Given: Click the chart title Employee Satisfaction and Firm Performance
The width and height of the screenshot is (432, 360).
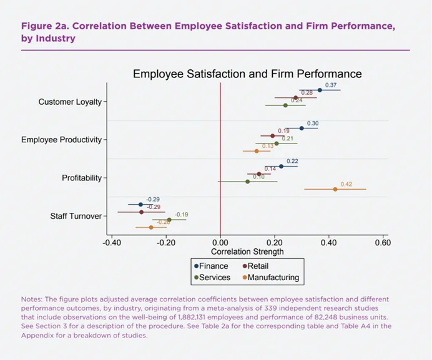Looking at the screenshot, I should (x=247, y=74).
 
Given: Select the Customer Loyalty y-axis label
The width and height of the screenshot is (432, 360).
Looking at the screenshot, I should (x=70, y=102).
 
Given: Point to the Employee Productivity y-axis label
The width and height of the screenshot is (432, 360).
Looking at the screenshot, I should (x=61, y=140).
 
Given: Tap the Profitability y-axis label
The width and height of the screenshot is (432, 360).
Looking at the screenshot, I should (x=82, y=178).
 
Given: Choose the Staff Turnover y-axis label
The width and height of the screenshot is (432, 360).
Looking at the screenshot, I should (x=76, y=216).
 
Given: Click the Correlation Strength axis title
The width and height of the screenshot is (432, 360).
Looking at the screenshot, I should (x=247, y=252).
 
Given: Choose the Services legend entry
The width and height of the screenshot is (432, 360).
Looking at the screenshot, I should (x=214, y=278).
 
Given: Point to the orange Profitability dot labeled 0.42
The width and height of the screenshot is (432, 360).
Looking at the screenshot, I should (x=335, y=189).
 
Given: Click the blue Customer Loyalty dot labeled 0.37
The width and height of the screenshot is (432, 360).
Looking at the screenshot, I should (x=320, y=90).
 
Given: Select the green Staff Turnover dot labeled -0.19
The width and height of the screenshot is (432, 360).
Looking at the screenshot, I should (x=169, y=219).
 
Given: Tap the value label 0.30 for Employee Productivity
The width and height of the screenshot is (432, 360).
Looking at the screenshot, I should (x=313, y=124).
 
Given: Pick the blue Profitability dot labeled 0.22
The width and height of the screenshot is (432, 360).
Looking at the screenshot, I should (x=281, y=166).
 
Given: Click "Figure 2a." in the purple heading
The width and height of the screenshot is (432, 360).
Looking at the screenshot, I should (x=42, y=27).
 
